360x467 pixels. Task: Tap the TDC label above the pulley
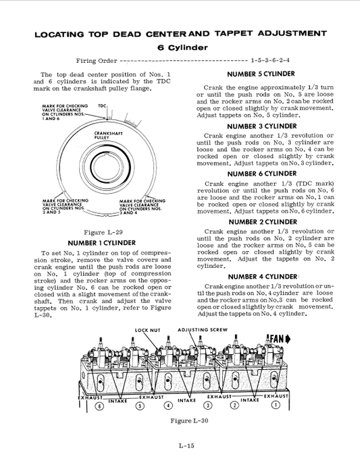103,107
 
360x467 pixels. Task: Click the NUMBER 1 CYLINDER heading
102,243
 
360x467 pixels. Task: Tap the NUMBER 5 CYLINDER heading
260,74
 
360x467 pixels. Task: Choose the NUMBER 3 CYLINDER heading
260,126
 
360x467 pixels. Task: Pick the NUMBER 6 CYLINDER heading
260,173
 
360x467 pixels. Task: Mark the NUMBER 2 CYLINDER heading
260,221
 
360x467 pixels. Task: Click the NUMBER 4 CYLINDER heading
260,276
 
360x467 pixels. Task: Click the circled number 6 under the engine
100,406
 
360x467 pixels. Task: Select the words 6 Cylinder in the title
182,47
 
